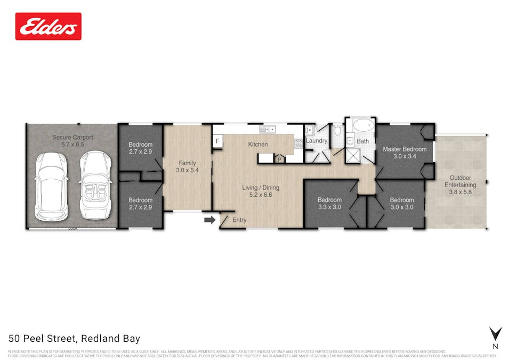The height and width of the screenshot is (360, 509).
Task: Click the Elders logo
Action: coord(49,26)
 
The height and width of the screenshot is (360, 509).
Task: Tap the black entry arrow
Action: coord(209,219)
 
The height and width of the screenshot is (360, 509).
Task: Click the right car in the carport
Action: coord(96,182)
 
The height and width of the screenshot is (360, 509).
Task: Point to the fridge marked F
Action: coord(217,141)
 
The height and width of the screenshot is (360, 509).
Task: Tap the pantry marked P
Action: coord(279,158)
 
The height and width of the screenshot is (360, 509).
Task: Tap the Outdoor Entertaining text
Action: coord(460,181)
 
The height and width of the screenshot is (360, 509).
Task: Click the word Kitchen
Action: coord(258,145)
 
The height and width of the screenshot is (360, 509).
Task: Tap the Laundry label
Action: coord(316,141)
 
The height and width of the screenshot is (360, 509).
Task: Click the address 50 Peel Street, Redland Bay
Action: coord(74,338)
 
